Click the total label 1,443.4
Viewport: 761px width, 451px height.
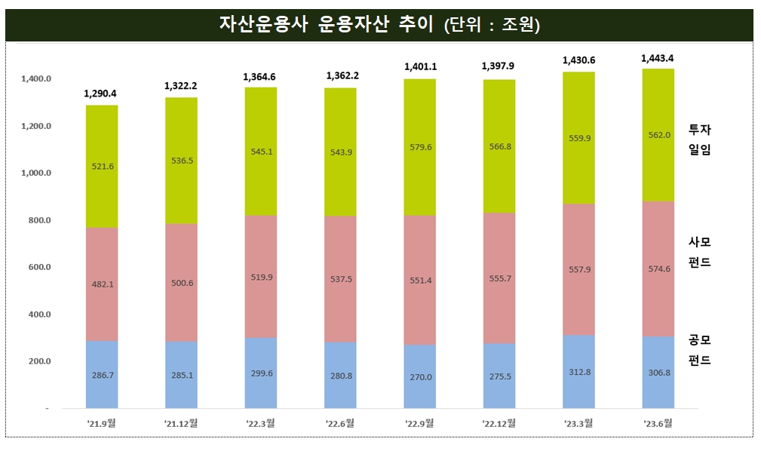click(x=657, y=58)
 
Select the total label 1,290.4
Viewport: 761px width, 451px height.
click(x=101, y=94)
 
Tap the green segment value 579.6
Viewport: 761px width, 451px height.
click(x=419, y=147)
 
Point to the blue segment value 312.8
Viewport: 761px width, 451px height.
click(x=578, y=372)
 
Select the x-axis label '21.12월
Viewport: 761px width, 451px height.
click(x=181, y=424)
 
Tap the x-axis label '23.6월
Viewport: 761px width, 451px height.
click(x=657, y=424)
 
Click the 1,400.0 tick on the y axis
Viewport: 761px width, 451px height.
click(x=36, y=79)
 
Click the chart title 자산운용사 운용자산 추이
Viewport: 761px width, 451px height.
click(x=326, y=25)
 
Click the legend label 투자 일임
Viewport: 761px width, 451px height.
click(x=700, y=140)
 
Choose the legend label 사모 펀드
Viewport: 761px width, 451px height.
click(x=700, y=252)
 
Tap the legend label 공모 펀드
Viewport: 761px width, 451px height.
click(x=700, y=350)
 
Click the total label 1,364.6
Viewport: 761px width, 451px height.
click(x=260, y=77)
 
